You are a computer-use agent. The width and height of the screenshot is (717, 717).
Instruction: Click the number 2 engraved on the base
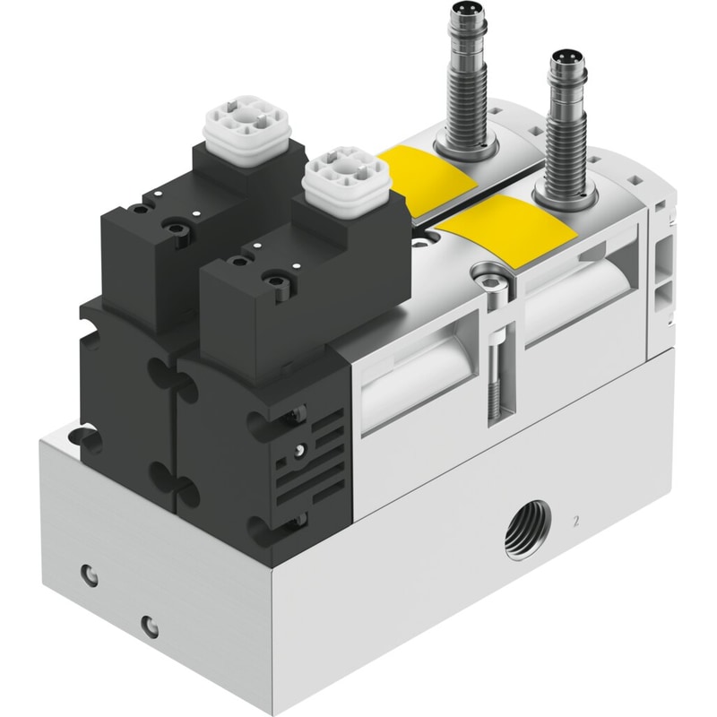coord(575,522)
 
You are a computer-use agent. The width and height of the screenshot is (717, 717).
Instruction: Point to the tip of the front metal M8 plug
coord(568,59)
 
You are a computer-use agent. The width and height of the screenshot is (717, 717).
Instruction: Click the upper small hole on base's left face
coord(89,574)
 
